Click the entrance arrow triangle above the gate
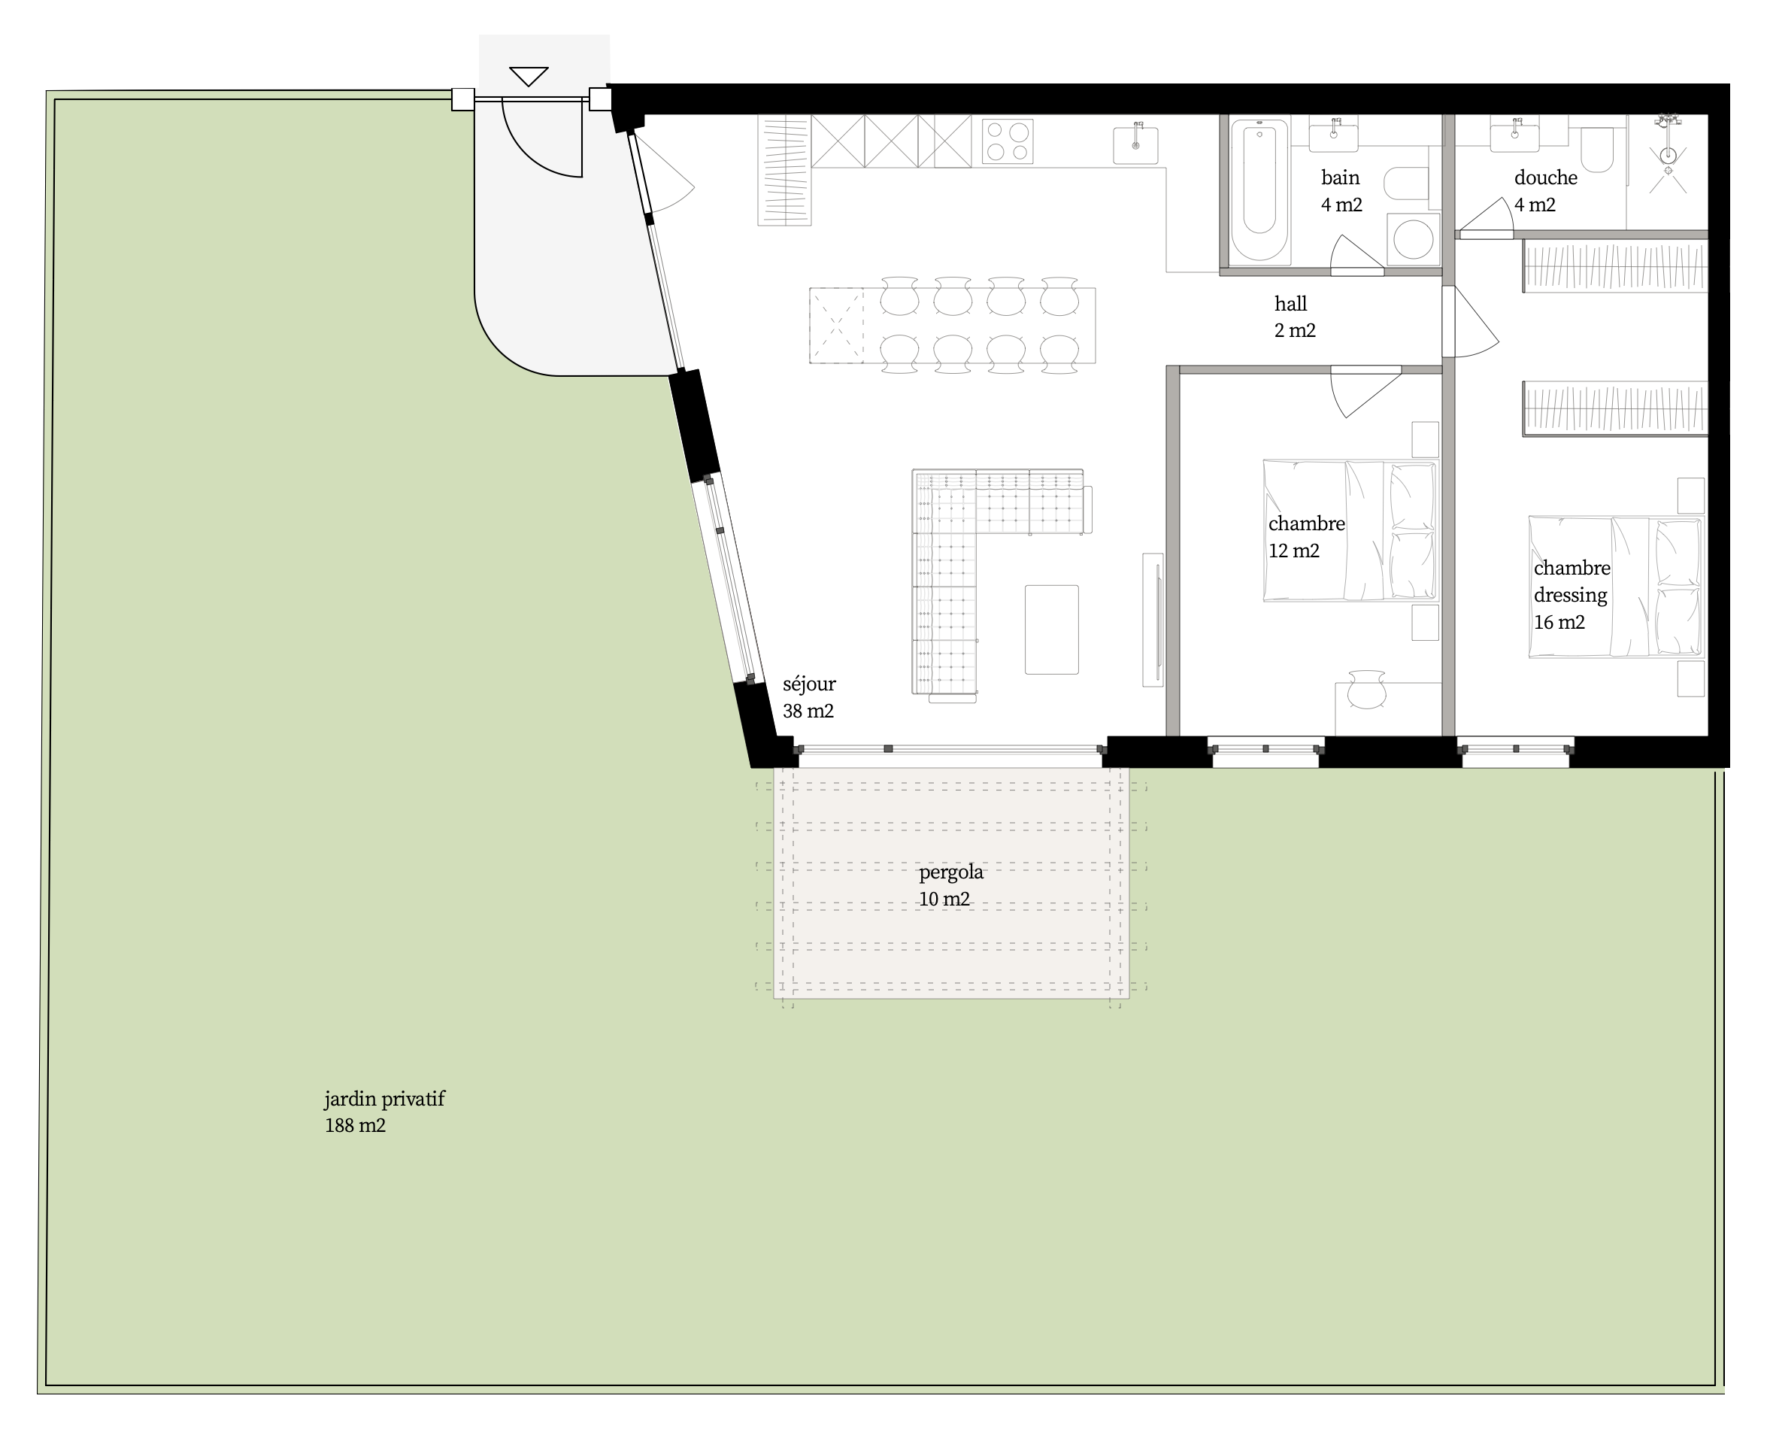pyautogui.click(x=529, y=76)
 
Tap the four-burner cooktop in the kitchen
pyautogui.click(x=1008, y=141)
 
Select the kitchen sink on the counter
pyautogui.click(x=1135, y=144)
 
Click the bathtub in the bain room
pyautogui.click(x=1259, y=189)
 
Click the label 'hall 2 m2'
pyautogui.click(x=1295, y=317)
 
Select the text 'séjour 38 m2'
pyautogui.click(x=808, y=697)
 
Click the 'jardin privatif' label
pyautogui.click(x=384, y=1099)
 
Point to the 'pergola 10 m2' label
pyautogui.click(x=950, y=885)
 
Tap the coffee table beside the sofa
pyautogui.click(x=1052, y=630)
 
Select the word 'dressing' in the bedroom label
pyautogui.click(x=1570, y=595)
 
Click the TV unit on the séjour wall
pyautogui.click(x=1153, y=619)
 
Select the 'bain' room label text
pyautogui.click(x=1340, y=177)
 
